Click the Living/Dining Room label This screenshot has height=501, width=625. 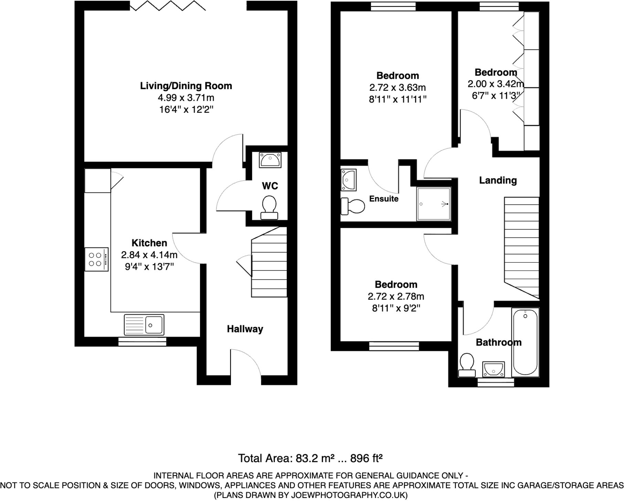tap(186, 86)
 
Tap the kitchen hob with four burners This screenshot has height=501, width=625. tap(96, 259)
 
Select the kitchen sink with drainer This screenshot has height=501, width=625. tap(144, 324)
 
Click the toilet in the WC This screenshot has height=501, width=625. tap(269, 207)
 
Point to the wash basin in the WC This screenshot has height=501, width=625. tap(270, 160)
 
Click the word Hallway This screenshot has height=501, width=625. tap(245, 329)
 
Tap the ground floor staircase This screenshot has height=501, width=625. tap(269, 265)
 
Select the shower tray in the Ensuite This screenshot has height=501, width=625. tap(433, 204)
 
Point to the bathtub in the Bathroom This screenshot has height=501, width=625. tap(525, 342)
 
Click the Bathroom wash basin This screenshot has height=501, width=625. tap(493, 370)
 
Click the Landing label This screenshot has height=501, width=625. tap(498, 180)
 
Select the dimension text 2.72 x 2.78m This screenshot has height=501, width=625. tap(396, 296)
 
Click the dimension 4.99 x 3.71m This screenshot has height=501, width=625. tap(186, 98)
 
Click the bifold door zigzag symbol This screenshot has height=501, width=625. tap(168, 6)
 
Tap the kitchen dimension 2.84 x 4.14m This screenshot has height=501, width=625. tap(149, 255)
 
